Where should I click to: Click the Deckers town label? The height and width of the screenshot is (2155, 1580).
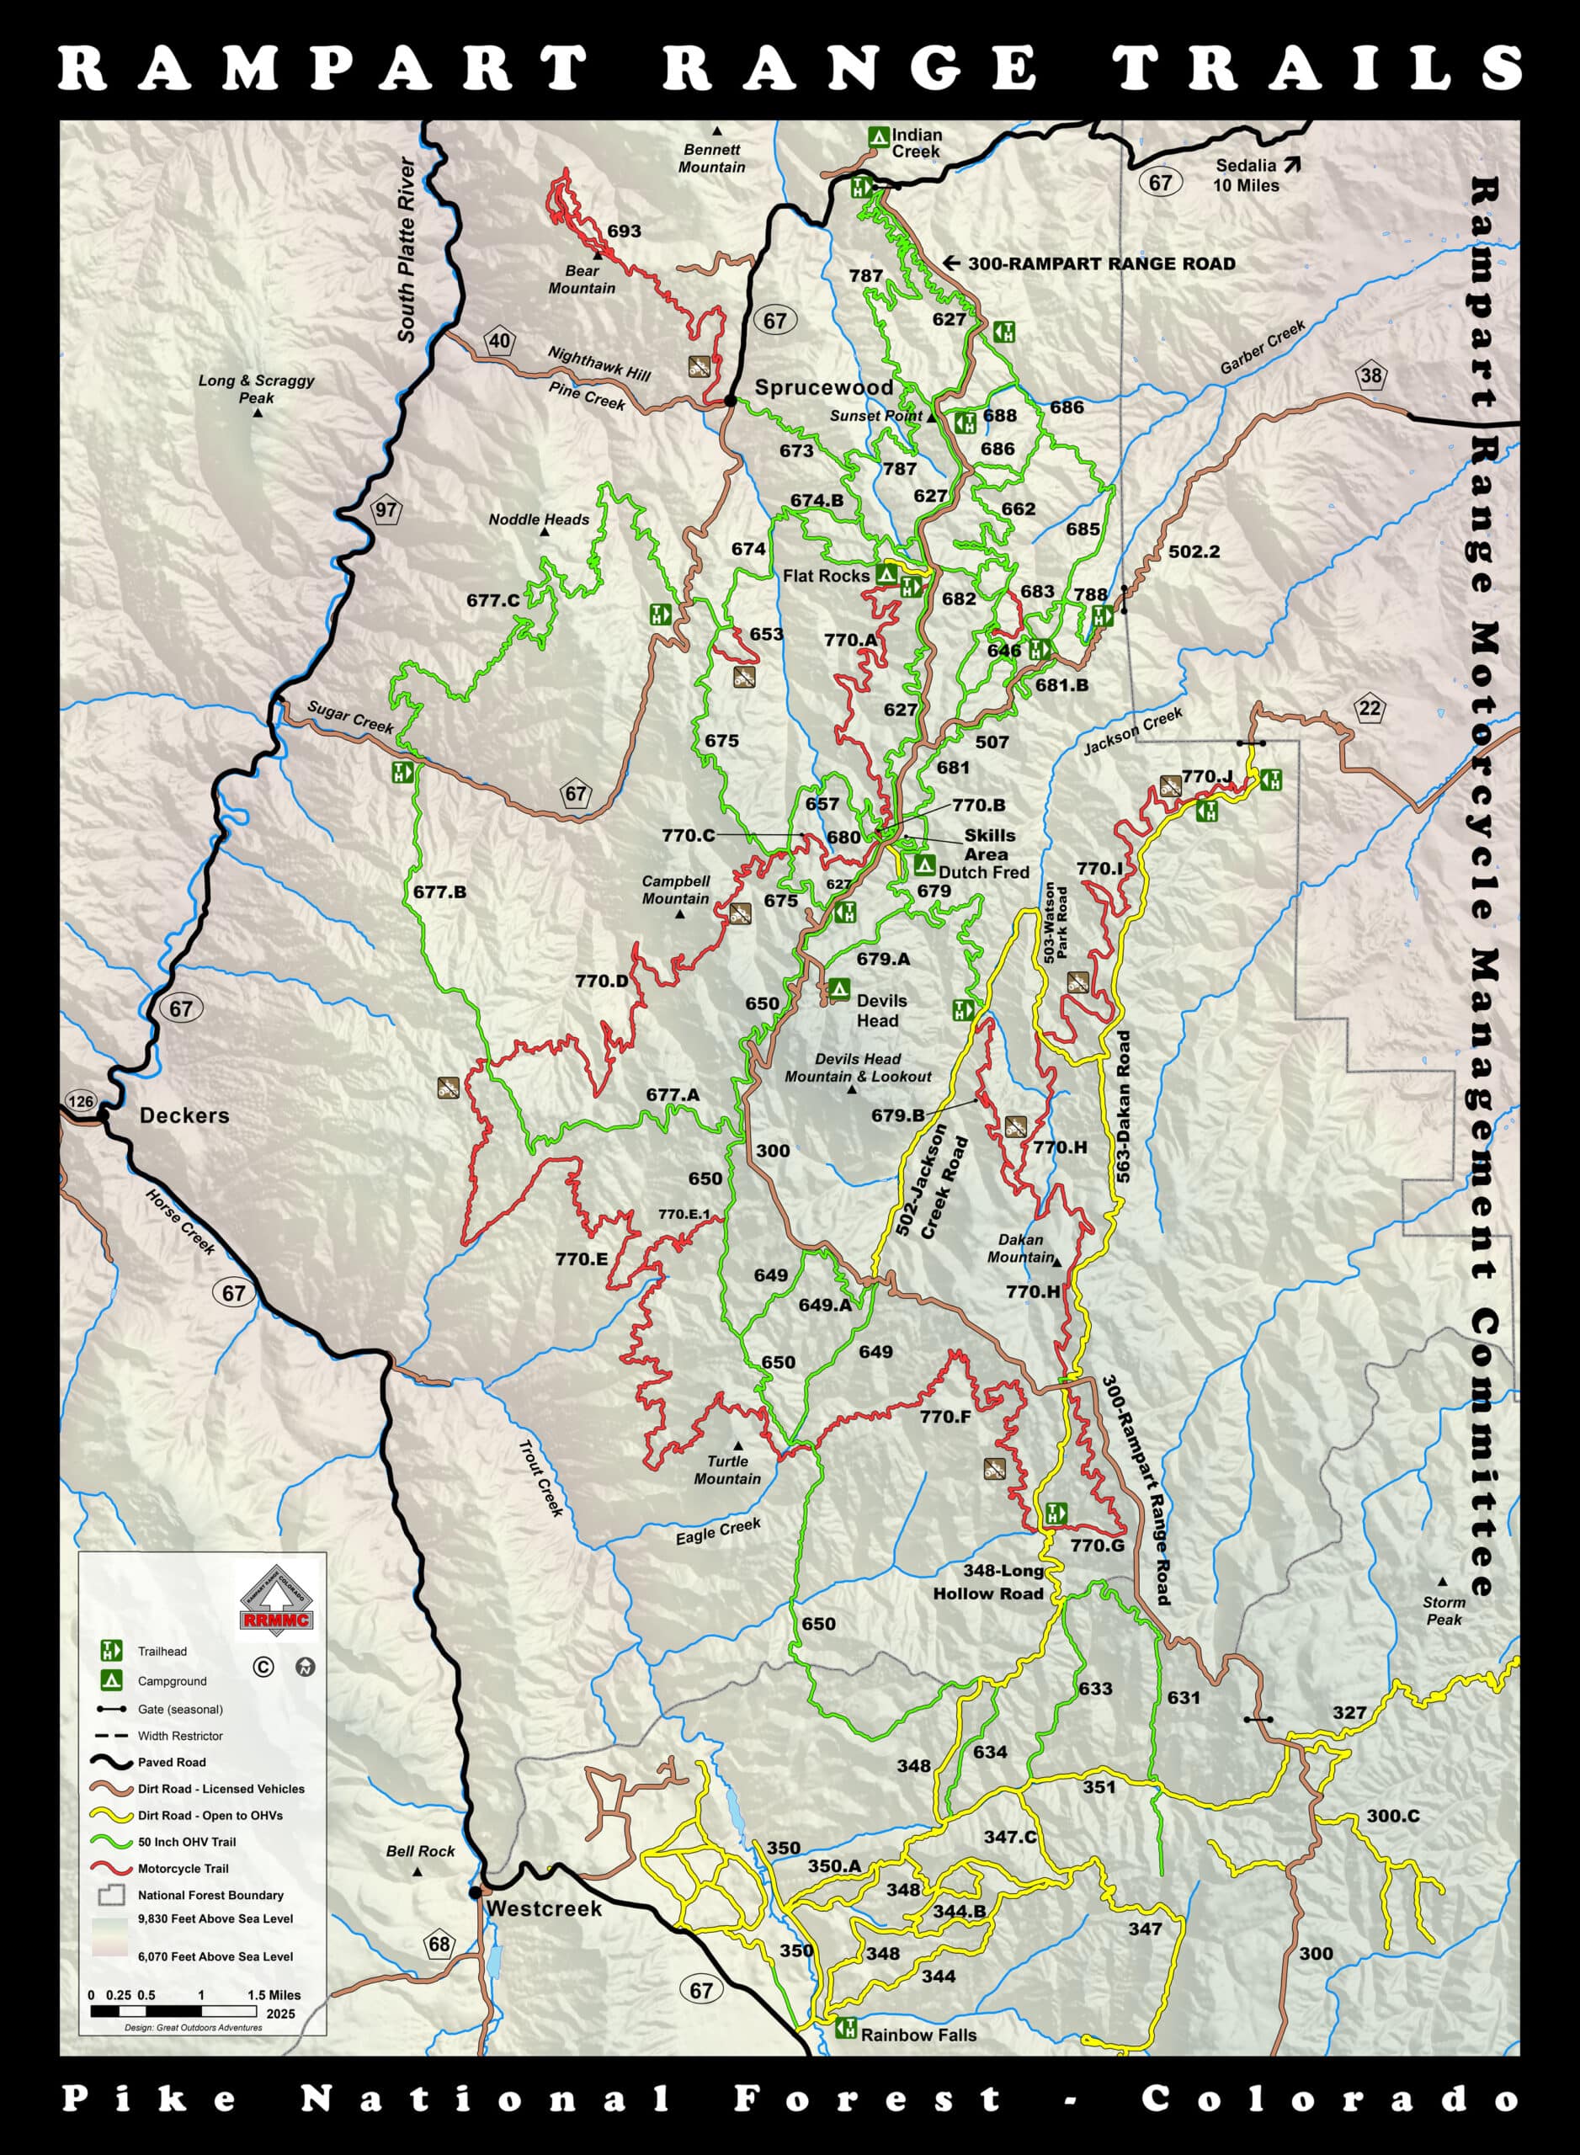tap(184, 1115)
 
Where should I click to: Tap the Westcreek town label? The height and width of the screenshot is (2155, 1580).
tap(543, 1908)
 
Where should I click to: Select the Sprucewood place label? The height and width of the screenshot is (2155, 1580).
tap(823, 387)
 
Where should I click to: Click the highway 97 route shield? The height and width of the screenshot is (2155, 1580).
tap(386, 510)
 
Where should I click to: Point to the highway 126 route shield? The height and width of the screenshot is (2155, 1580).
tap(82, 1101)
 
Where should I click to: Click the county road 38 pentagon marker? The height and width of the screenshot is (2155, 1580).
tap(1370, 376)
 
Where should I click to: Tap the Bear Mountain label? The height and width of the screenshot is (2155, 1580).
tap(582, 279)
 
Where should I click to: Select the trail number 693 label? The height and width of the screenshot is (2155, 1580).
tap(624, 231)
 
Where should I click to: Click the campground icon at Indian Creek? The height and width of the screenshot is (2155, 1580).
tap(877, 136)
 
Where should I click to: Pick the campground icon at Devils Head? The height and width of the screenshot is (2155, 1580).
tap(838, 989)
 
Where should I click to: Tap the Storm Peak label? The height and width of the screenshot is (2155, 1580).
tap(1444, 1610)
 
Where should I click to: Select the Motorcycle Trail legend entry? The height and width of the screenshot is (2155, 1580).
tap(183, 1868)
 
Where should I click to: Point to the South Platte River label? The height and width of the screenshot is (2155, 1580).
tap(408, 251)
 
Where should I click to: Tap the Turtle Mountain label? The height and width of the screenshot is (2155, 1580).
tap(727, 1470)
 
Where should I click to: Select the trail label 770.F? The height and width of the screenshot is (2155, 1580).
tap(946, 1417)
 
